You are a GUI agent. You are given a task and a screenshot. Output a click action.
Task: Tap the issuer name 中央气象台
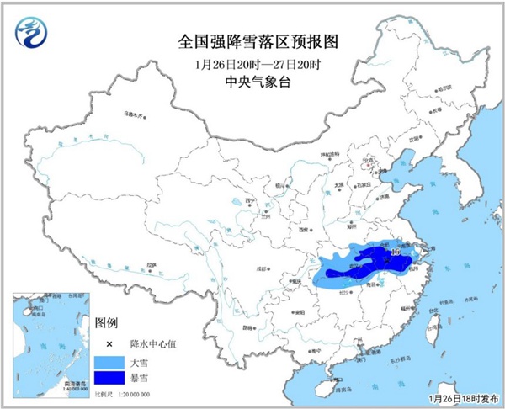point(252,82)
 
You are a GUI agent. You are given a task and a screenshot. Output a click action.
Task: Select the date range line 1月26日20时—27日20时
point(252,64)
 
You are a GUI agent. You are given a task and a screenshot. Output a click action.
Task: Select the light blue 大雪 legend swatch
point(110,362)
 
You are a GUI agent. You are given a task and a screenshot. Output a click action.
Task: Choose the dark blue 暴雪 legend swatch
point(110,380)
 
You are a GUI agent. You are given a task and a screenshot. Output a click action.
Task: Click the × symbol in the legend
point(109,344)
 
